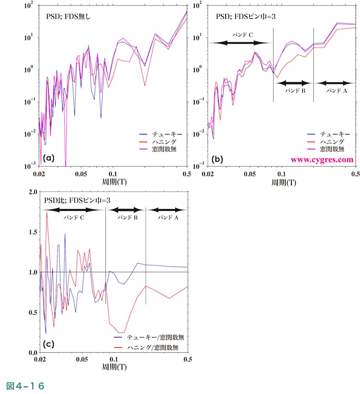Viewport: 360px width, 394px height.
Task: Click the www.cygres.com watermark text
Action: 322,159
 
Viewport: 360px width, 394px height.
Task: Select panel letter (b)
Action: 217,158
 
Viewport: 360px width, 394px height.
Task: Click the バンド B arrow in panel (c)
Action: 124,210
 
